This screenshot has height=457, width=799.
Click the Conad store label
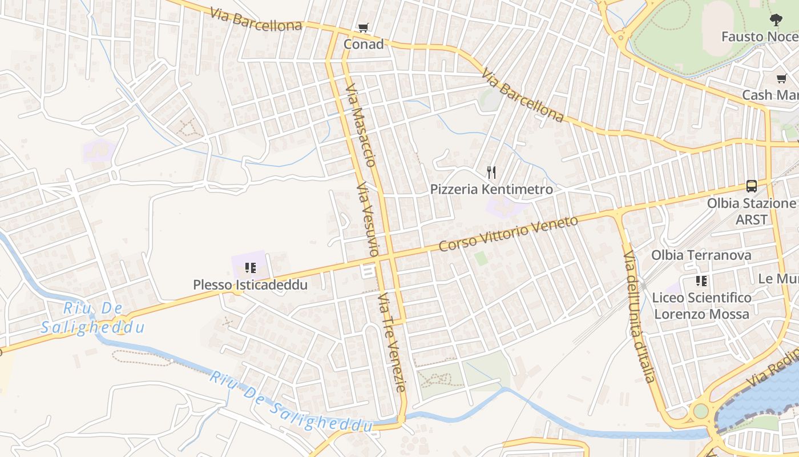click(363, 44)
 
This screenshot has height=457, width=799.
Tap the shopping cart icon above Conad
click(363, 27)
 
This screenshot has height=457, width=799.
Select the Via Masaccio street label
click(361, 125)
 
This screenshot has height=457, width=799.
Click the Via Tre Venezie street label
click(393, 342)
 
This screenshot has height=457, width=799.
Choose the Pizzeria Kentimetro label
click(491, 189)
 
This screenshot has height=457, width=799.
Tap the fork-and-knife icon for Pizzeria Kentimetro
click(491, 172)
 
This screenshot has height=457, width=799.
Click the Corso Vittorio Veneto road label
click(509, 234)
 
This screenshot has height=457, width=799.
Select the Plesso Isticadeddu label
click(250, 284)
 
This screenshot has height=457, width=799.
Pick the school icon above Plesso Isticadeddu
click(250, 267)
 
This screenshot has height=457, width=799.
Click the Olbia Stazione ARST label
click(751, 211)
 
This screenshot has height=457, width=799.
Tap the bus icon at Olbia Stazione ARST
click(752, 186)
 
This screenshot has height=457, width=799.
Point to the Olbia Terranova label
click(701, 255)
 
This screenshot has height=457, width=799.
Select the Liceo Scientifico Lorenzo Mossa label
click(701, 306)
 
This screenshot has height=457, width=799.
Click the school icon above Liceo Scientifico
click(701, 280)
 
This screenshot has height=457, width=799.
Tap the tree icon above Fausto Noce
click(776, 21)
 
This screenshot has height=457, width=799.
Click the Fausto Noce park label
click(759, 37)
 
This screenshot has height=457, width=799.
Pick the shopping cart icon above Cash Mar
click(781, 78)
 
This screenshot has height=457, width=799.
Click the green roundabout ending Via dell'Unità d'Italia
click(700, 411)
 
